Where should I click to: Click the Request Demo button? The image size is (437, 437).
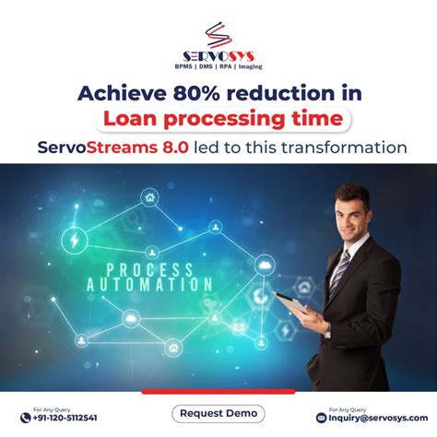tap(218, 413)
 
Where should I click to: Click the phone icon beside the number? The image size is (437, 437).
tap(25, 418)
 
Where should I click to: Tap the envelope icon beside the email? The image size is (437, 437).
tap(321, 418)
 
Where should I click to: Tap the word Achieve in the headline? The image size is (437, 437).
tap(114, 92)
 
